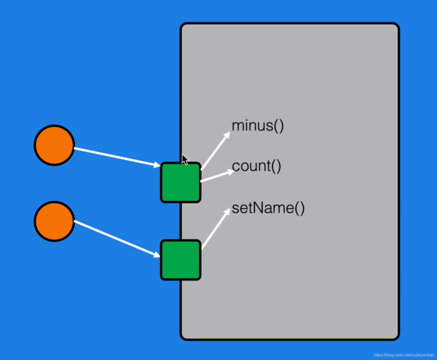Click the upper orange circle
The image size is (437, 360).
coord(54,146)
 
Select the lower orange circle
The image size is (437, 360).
coord(54,222)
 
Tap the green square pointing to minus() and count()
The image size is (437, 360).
coord(181,182)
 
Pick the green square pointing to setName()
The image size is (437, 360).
coord(181,259)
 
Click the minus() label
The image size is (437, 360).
coord(257,125)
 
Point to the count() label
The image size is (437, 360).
coord(256,166)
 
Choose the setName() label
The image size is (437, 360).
coord(268,208)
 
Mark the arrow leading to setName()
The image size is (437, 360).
coord(215,230)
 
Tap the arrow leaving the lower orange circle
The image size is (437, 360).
coord(117,238)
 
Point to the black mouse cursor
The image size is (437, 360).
coord(186,160)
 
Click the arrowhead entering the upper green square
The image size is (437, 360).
coord(157,166)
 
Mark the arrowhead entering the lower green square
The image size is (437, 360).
coord(156,254)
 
